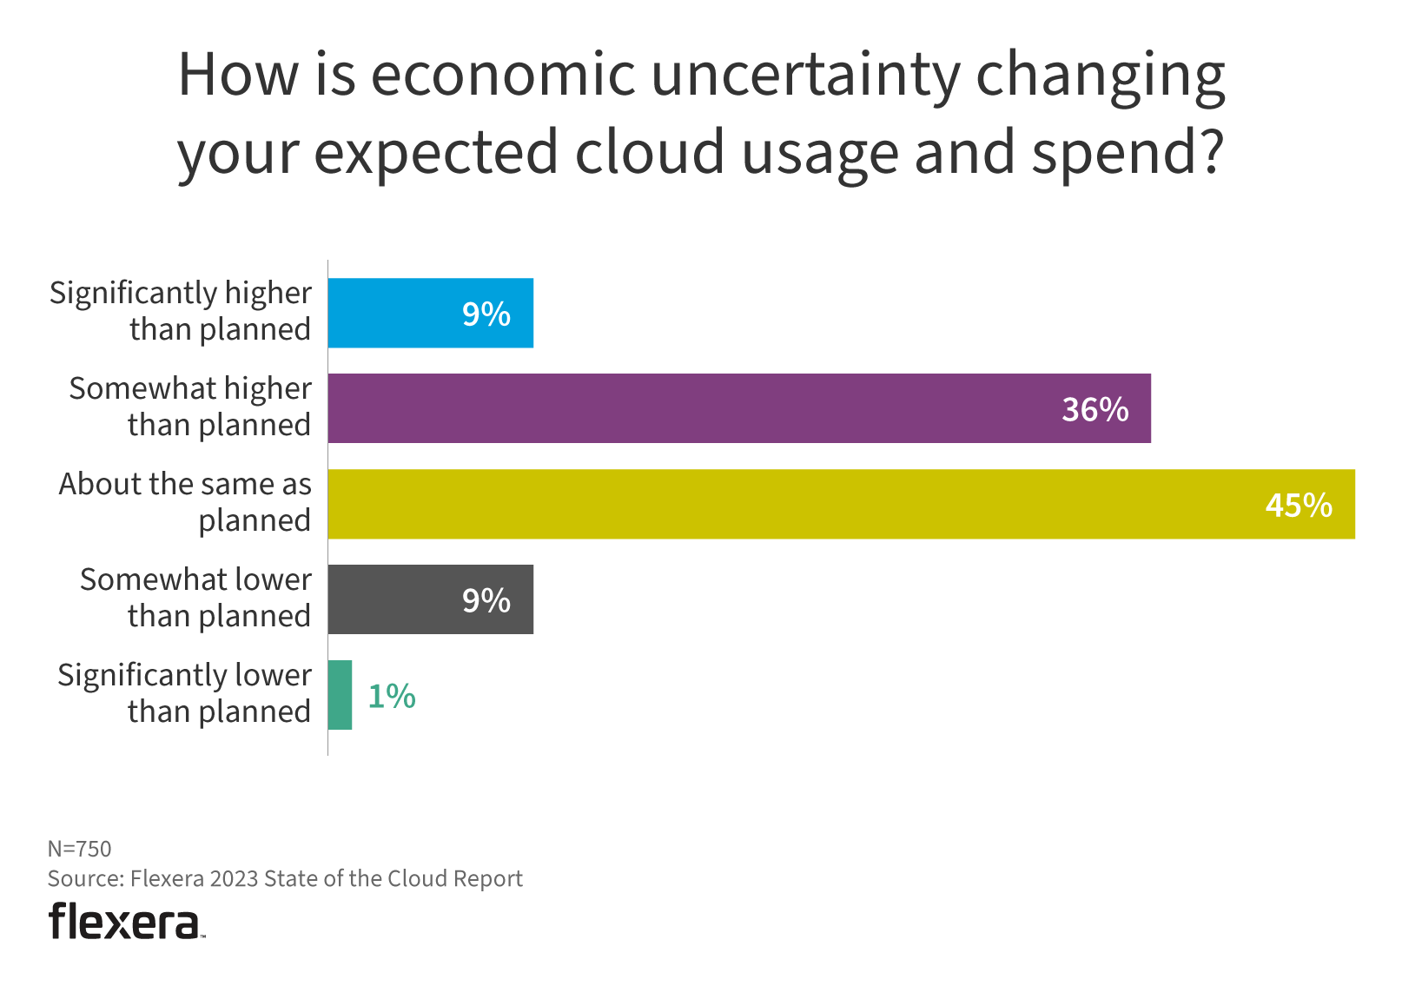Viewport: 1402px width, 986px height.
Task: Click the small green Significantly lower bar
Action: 341,695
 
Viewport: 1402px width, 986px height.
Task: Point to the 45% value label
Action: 1298,506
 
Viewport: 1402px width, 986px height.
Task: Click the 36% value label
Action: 1094,410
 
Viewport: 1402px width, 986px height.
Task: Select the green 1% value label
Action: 392,697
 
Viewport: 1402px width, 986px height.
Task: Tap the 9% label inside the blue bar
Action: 486,314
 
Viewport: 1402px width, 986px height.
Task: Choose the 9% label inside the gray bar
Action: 486,601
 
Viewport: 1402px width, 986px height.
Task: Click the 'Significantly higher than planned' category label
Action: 180,311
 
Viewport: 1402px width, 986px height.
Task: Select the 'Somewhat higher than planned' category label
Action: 189,407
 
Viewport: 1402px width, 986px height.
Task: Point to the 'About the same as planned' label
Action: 185,502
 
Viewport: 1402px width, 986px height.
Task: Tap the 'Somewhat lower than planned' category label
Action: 195,598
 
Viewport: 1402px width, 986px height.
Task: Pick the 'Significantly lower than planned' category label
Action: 184,693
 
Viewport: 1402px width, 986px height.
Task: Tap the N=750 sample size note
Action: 80,849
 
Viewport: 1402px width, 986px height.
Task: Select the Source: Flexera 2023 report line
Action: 285,879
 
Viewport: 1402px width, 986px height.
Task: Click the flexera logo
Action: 126,921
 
